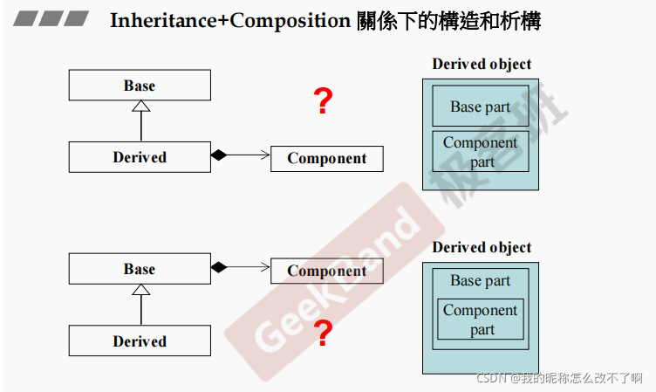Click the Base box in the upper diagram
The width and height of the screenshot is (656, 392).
tap(140, 86)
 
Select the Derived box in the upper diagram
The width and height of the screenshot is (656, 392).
tap(140, 157)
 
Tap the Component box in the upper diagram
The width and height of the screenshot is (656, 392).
tap(327, 158)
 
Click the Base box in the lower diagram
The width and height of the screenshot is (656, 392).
tap(140, 269)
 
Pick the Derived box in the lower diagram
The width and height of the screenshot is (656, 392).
tap(140, 340)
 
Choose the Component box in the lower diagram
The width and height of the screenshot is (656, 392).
tap(327, 271)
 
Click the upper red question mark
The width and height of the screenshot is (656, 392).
tap(323, 102)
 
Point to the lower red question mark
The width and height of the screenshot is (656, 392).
tap(323, 334)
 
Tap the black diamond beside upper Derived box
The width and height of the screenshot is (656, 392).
tap(218, 155)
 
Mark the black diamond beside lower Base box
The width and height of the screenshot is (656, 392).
tap(218, 267)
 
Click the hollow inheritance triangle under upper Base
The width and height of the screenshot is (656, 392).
tap(140, 107)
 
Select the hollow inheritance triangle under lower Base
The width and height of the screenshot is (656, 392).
tap(140, 290)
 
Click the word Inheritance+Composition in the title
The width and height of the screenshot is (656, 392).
tap(229, 21)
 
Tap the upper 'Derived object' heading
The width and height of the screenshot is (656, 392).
tap(482, 64)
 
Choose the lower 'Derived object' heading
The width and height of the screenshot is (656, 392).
tap(482, 247)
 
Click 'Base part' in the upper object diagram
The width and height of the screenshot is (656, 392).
tap(481, 107)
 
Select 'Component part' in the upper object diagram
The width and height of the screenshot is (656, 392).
tap(481, 151)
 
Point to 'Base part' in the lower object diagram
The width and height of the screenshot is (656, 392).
tap(481, 280)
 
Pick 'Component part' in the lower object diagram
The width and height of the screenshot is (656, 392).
tap(481, 319)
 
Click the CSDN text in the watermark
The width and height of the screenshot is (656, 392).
tap(491, 378)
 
